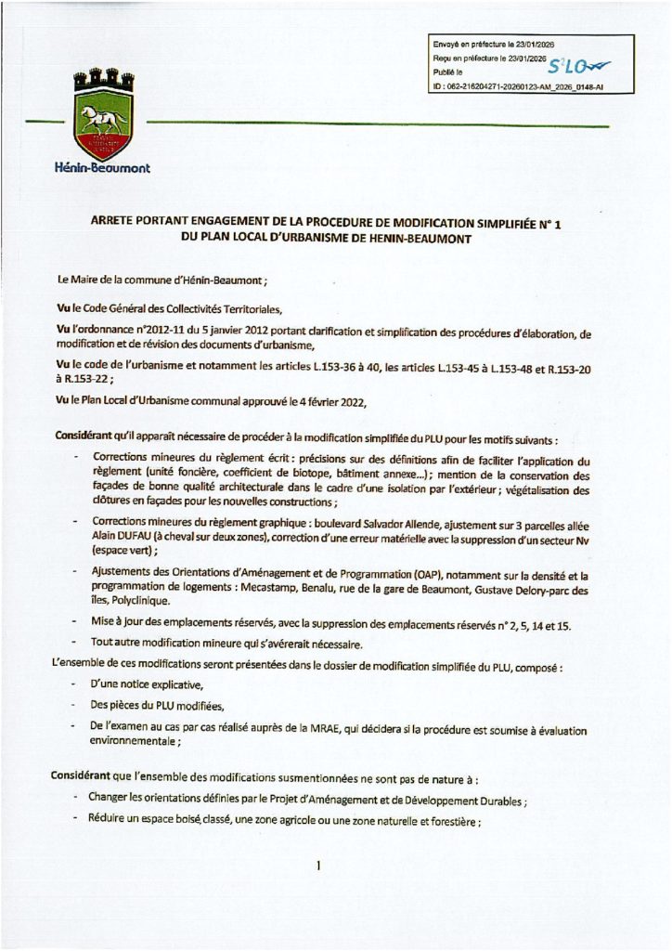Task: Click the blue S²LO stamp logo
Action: tap(574, 67)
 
